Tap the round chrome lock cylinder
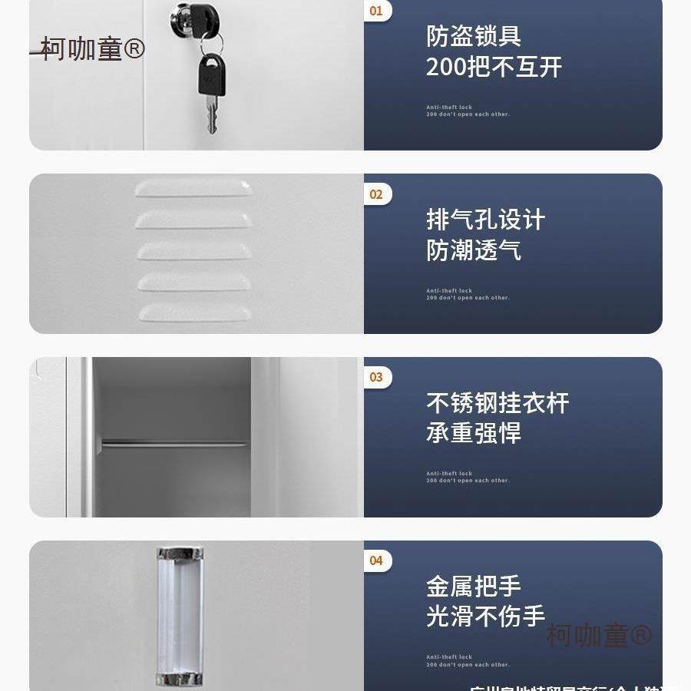(x=185, y=19)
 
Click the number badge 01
(x=376, y=11)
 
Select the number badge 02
(x=376, y=194)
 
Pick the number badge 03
(x=376, y=377)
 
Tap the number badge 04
(x=376, y=560)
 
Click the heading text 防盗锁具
(x=474, y=36)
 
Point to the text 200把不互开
(x=494, y=67)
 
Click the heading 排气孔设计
(x=485, y=220)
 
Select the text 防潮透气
(x=474, y=250)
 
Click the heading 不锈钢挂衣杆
(x=498, y=402)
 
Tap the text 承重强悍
(x=474, y=433)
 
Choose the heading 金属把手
(x=474, y=587)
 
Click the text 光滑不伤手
(x=485, y=617)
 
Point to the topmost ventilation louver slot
(x=193, y=189)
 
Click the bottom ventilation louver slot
(x=194, y=312)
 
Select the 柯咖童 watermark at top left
(x=92, y=49)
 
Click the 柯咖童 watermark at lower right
(x=598, y=635)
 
